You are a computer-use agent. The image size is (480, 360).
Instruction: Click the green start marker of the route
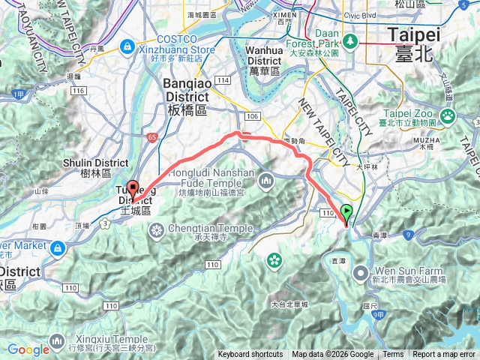[346, 212]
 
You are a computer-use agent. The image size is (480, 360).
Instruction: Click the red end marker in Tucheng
[133, 189]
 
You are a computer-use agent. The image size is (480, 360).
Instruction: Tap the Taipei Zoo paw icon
[448, 115]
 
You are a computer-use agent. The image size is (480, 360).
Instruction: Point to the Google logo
[28, 349]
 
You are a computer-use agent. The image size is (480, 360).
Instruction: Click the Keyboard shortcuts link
[250, 355]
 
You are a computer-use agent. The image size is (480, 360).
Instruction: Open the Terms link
[393, 355]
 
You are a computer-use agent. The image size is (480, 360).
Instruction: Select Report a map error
[444, 355]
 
